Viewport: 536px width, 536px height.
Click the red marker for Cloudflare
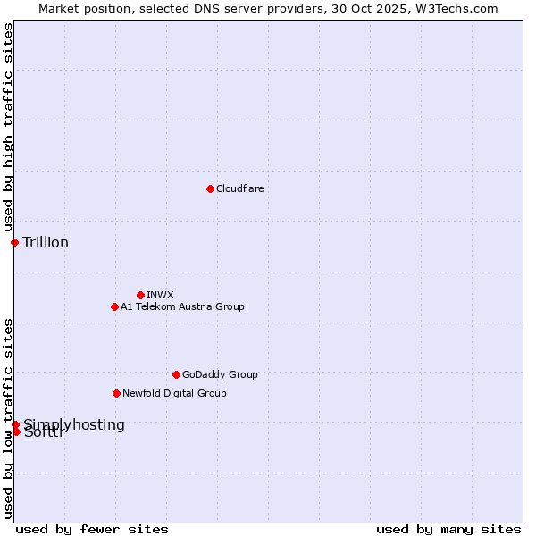click(x=210, y=188)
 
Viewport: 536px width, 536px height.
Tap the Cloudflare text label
click(x=239, y=188)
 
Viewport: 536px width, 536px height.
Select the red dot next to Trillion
click(x=14, y=242)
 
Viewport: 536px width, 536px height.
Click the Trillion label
click(x=46, y=242)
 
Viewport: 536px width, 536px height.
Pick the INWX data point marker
click(x=140, y=295)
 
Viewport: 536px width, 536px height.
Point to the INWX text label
click(x=160, y=295)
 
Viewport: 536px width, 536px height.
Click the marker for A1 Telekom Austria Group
click(x=114, y=306)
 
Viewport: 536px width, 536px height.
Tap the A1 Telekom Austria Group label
click(x=182, y=306)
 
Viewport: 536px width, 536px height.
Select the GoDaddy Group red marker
click(x=176, y=374)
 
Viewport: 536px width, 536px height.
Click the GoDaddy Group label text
click(x=220, y=374)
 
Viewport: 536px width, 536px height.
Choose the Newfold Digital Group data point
click(x=116, y=393)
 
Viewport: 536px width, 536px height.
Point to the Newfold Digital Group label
click(x=174, y=393)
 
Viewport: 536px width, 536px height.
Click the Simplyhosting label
click(x=74, y=424)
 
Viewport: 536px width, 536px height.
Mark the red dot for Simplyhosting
click(x=15, y=424)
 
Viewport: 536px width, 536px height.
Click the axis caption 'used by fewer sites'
click(x=92, y=529)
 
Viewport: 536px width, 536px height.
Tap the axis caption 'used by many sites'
click(x=448, y=529)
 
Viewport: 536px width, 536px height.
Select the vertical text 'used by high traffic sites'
click(x=8, y=128)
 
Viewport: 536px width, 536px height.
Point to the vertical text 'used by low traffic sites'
click(x=8, y=417)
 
